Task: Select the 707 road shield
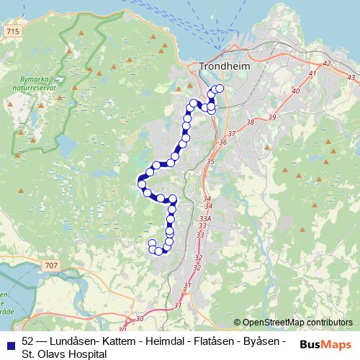click(x=50, y=266)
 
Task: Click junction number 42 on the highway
click(x=327, y=63)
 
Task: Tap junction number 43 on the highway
click(x=351, y=76)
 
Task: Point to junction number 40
click(x=295, y=91)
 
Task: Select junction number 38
click(x=251, y=122)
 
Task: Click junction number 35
click(x=210, y=161)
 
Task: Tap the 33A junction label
click(x=205, y=218)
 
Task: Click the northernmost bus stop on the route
click(x=220, y=89)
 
